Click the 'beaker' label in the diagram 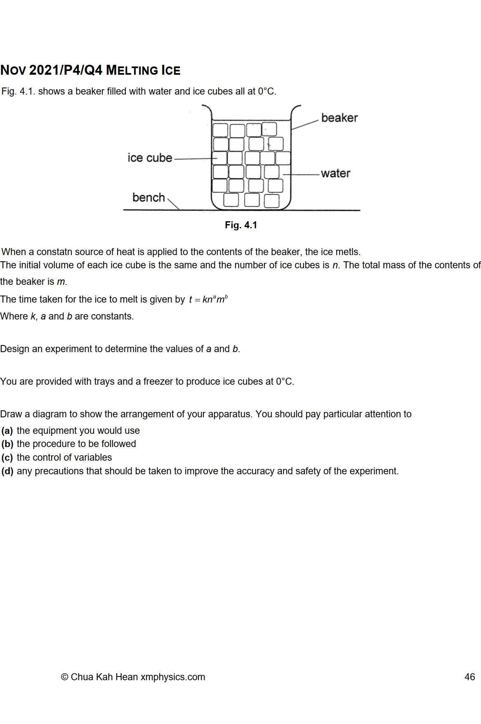click(339, 118)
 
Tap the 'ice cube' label click(150, 158)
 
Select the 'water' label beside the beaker click(335, 173)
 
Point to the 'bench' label click(149, 198)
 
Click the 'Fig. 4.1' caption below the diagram click(241, 225)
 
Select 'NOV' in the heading click(13, 71)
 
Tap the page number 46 click(469, 677)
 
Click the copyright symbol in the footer click(64, 677)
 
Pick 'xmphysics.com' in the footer click(173, 677)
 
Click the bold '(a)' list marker click(7, 431)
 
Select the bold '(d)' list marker click(7, 471)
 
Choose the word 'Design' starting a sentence click(15, 349)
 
